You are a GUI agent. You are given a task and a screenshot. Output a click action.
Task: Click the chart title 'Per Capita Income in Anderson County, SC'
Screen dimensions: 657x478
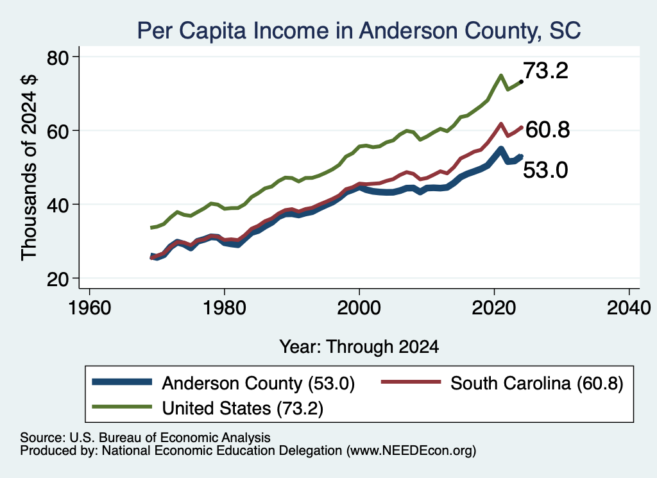[x=359, y=31]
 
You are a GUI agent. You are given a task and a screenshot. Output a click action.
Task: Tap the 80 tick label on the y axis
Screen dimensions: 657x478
[x=58, y=57]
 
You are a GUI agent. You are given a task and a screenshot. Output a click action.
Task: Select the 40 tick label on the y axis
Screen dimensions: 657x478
[x=58, y=205]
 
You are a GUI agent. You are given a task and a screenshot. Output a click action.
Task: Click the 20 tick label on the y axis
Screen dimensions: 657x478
[x=58, y=279]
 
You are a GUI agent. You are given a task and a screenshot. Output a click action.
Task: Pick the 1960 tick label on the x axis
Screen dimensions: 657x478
[x=89, y=309]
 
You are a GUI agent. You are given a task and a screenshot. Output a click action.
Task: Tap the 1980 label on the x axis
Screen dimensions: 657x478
[x=224, y=309]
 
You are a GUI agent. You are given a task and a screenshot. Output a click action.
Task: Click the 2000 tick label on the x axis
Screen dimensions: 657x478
[x=359, y=309]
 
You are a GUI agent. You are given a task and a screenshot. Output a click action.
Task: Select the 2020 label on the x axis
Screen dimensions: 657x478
[x=494, y=309]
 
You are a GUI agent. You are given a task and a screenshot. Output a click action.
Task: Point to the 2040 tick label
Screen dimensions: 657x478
[x=629, y=309]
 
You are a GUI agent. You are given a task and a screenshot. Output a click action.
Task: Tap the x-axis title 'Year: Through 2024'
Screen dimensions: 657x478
[x=359, y=347]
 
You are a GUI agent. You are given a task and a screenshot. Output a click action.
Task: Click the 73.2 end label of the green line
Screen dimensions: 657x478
[x=545, y=71]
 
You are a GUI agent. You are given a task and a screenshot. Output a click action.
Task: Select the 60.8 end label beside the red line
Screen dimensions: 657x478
[x=547, y=130]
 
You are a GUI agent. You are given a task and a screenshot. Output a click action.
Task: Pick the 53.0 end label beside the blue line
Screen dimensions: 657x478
[x=545, y=171]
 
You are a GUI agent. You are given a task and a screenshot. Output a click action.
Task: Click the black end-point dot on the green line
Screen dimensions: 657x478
[x=521, y=81]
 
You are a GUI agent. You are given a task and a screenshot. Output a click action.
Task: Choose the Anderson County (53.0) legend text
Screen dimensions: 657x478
[x=259, y=383]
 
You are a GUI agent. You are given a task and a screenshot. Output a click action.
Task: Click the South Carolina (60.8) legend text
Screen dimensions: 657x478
[x=537, y=383]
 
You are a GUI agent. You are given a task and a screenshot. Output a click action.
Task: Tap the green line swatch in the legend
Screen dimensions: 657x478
[x=122, y=407]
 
